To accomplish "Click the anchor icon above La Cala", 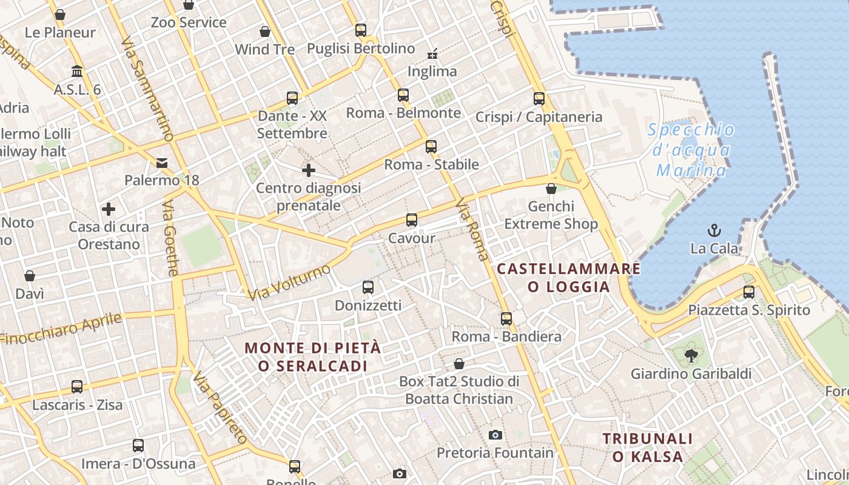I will pos(714,230).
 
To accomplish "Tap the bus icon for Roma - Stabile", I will pos(431,147).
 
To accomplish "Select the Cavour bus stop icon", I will pos(412,220).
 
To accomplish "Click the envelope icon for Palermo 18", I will pos(162,162).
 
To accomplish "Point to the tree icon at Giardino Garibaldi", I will pos(691,356).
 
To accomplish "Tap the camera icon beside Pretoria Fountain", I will pos(495,435).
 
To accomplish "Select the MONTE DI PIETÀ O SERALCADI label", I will pos(313,357).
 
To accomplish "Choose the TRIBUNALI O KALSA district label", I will pos(647,447).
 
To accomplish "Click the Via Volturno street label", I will pos(290,282).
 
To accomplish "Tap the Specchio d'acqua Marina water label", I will pos(691,150).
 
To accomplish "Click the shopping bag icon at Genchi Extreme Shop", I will pos(551,189).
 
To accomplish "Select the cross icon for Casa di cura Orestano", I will pos(109,210).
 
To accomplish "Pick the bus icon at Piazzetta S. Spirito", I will pos(749,292).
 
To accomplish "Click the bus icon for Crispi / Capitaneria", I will pos(539,99).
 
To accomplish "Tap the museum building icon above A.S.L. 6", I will pos(77,72).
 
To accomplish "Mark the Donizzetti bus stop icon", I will pos(368,287).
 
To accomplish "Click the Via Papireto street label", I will pos(221,408).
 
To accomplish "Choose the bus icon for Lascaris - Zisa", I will pos(77,387).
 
